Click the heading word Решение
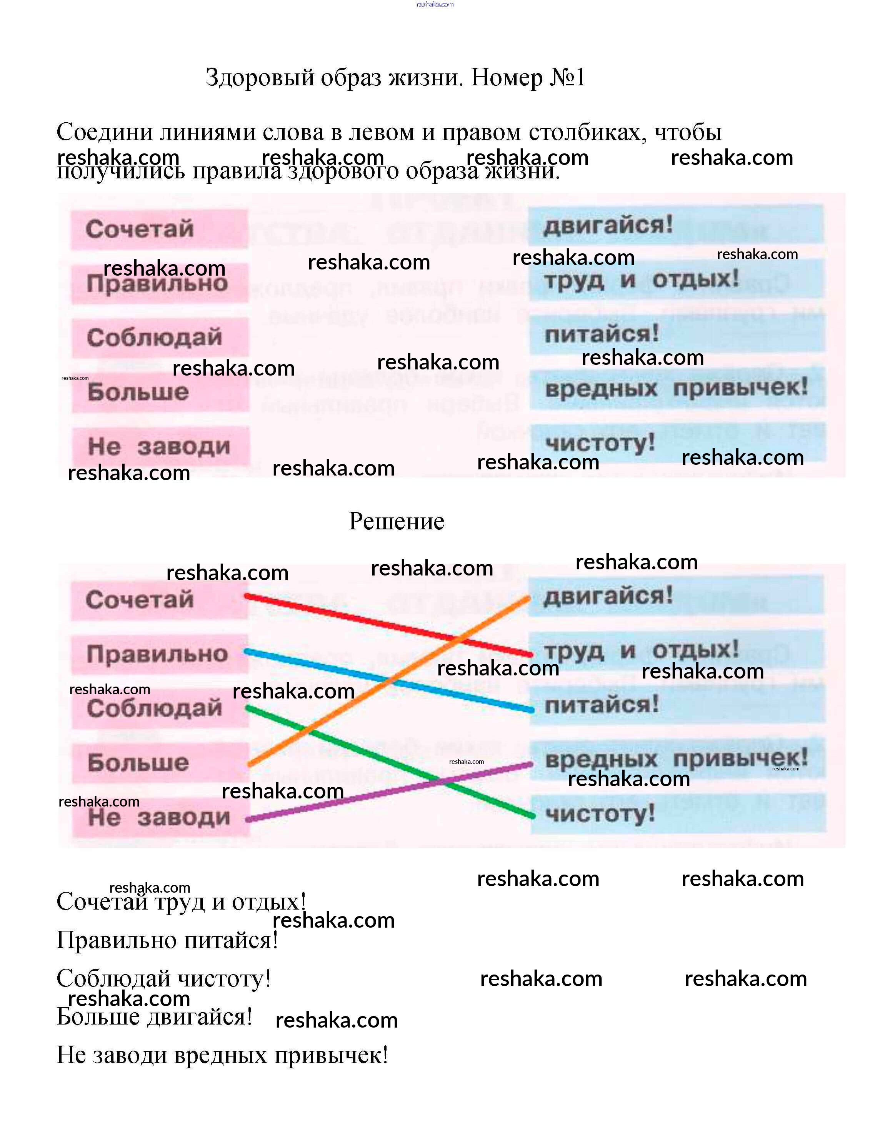[x=396, y=521]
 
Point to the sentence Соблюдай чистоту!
[x=163, y=978]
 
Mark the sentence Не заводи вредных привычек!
[x=222, y=1055]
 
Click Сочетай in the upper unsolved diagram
[x=140, y=229]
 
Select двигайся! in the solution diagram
[x=608, y=596]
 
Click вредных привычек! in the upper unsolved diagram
[x=676, y=388]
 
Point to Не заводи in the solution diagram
[x=159, y=817]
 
